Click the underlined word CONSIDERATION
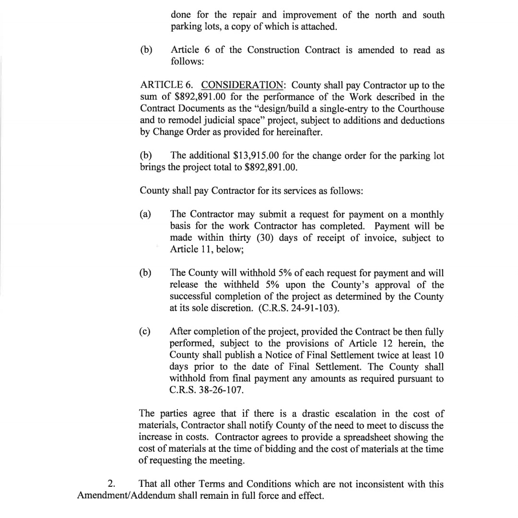[242, 86]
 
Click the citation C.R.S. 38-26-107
[207, 390]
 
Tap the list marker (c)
[145, 331]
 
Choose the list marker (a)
[145, 214]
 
